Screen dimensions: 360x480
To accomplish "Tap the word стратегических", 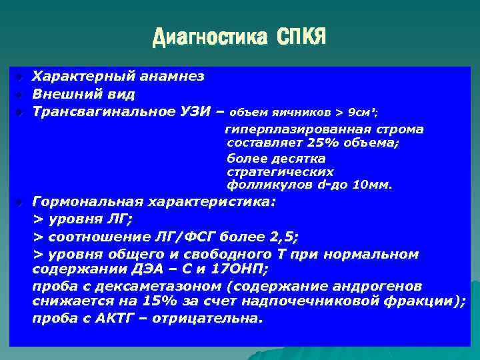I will click(x=280, y=171).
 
